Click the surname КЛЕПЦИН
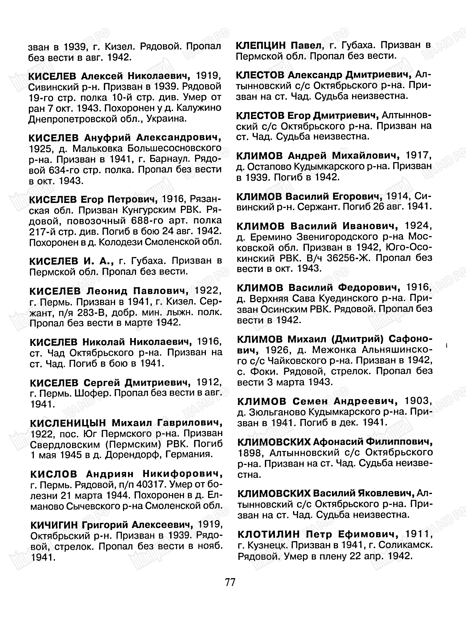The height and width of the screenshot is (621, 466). point(261,45)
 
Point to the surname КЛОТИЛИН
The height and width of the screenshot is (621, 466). point(269,534)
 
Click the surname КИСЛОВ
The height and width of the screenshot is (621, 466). point(53,474)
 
